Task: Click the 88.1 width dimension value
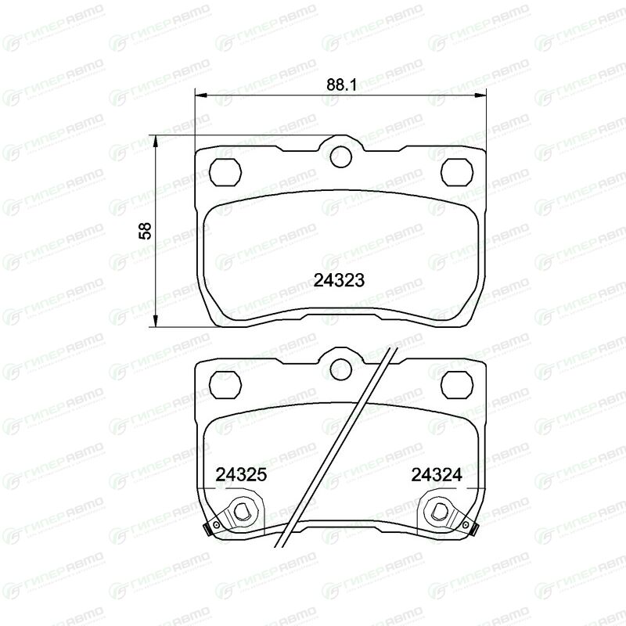pyautogui.click(x=341, y=85)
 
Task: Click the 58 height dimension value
pyautogui.click(x=146, y=231)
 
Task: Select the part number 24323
pyautogui.click(x=339, y=280)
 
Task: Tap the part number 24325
pyautogui.click(x=241, y=475)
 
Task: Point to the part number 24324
pyautogui.click(x=437, y=475)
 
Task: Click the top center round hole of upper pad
pyautogui.click(x=340, y=156)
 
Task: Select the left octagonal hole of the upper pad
pyautogui.click(x=225, y=172)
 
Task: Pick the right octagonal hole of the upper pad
pyautogui.click(x=457, y=172)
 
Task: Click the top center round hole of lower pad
pyautogui.click(x=340, y=368)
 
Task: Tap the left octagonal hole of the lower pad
pyautogui.click(x=225, y=384)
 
